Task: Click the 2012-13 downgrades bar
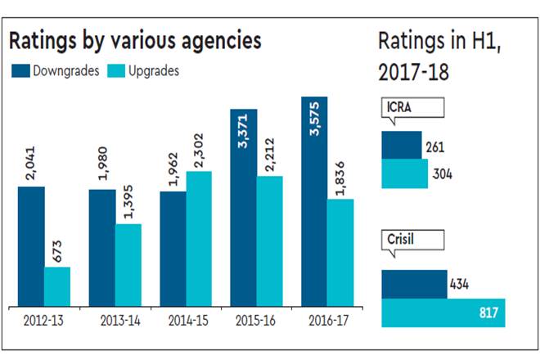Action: tap(31, 246)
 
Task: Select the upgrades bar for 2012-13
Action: tap(57, 286)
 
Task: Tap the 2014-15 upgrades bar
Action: tap(199, 238)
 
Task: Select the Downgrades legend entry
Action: tap(55, 71)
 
